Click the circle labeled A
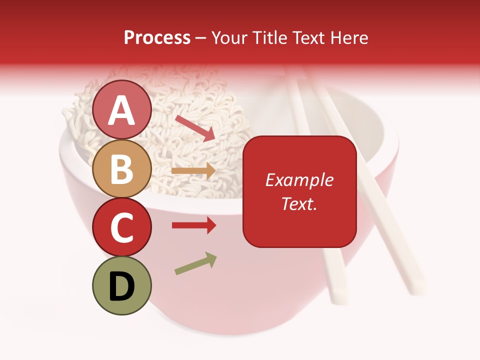pyautogui.click(x=122, y=109)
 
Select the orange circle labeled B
pyautogui.click(x=122, y=168)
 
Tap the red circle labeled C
pyautogui.click(x=122, y=227)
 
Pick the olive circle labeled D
pyautogui.click(x=122, y=285)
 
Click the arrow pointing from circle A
pyautogui.click(x=195, y=127)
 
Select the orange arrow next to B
pyautogui.click(x=193, y=170)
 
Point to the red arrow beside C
pyautogui.click(x=193, y=225)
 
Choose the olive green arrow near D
pyautogui.click(x=195, y=263)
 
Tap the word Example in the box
pyautogui.click(x=299, y=180)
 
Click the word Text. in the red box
pyautogui.click(x=299, y=203)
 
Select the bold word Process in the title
pyautogui.click(x=157, y=37)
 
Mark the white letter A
pyautogui.click(x=122, y=110)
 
